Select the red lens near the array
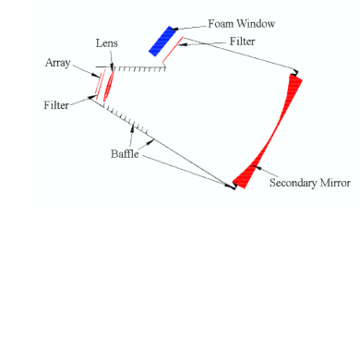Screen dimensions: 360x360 click(109, 83)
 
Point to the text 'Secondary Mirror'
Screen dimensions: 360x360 click(309, 183)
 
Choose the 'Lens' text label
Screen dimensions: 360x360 click(107, 43)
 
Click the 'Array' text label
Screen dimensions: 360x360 click(57, 63)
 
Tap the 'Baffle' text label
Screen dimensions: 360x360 click(121, 154)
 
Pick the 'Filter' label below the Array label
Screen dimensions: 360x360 click(57, 105)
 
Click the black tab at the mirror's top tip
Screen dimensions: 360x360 click(296, 73)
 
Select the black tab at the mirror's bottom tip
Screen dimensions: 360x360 click(234, 186)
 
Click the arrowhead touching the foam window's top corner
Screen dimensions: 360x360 click(174, 28)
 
